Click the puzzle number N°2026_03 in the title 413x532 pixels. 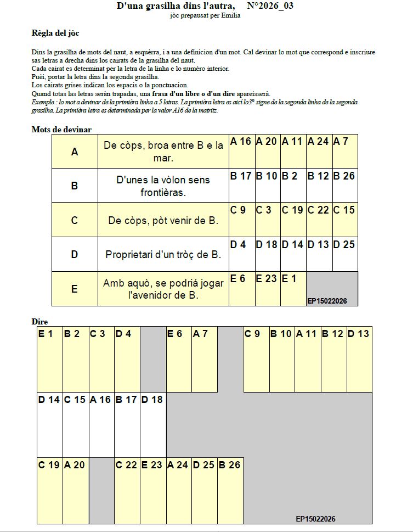270,6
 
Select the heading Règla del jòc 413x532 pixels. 55,33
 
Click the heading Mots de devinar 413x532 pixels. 61,130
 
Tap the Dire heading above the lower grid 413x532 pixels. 39,322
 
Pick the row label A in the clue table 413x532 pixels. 75,152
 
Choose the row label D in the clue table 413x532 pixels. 75,254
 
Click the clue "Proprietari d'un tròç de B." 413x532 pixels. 163,255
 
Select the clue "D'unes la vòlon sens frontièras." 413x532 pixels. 163,186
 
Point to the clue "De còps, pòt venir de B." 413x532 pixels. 163,221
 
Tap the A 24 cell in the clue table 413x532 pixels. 319,151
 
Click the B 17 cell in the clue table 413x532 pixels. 241,185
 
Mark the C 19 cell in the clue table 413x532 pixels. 292,220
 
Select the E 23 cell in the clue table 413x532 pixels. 268,288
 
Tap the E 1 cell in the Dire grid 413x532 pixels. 49,360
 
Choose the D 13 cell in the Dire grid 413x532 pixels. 359,360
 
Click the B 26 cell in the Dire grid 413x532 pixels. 230,490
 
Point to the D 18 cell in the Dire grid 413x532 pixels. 153,424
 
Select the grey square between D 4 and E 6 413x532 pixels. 153,360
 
